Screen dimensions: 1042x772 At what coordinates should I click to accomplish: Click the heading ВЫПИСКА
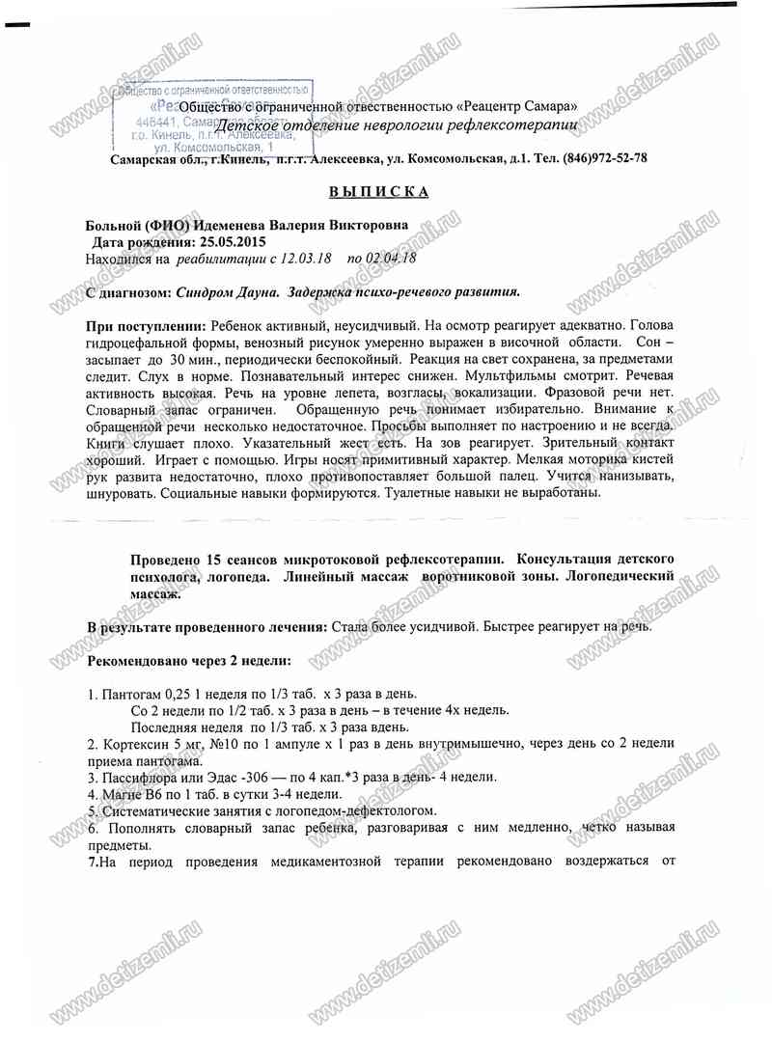point(378,191)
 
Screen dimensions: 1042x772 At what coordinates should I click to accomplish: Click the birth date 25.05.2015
point(232,242)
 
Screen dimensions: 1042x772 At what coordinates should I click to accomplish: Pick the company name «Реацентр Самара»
point(518,105)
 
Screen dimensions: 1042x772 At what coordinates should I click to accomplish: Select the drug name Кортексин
point(136,744)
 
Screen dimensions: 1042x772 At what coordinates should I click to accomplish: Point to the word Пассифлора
point(138,778)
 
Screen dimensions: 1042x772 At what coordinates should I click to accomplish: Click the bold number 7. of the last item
point(93,861)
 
